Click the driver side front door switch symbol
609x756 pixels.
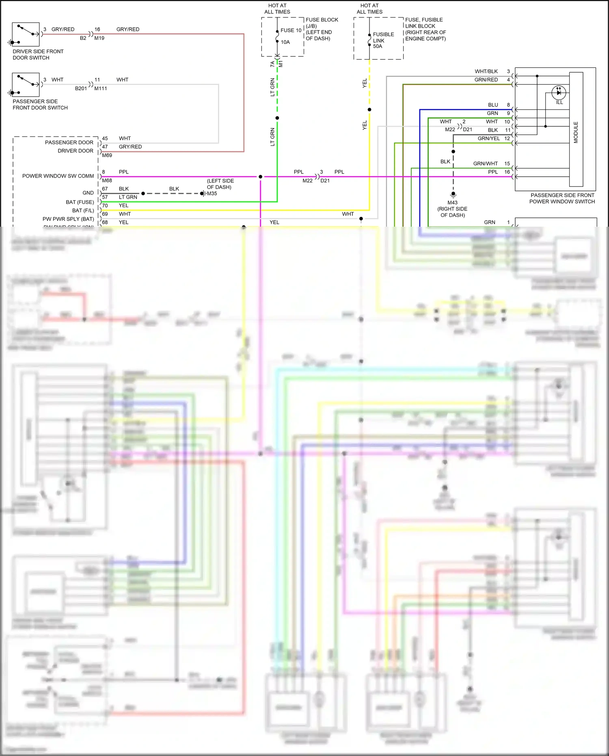[x=26, y=34]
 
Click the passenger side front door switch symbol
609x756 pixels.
[x=26, y=84]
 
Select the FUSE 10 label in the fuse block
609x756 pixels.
[x=291, y=30]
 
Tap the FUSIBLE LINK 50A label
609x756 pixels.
[x=383, y=40]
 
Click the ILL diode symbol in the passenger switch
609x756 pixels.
[x=559, y=93]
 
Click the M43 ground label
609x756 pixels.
[x=452, y=203]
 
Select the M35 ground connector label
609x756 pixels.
[x=212, y=193]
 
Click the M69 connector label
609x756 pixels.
[x=107, y=155]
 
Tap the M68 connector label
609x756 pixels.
[x=107, y=180]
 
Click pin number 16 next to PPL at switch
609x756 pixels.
[x=507, y=172]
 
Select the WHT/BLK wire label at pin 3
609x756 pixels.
[x=486, y=71]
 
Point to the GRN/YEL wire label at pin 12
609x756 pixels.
[x=488, y=139]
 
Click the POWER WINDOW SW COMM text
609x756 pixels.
[x=58, y=176]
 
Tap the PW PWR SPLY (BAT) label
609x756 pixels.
[x=68, y=219]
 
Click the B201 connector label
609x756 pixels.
[x=81, y=88]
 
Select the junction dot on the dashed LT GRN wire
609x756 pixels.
[x=277, y=118]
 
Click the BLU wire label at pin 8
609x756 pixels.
[x=493, y=105]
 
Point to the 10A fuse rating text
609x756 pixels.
[x=285, y=42]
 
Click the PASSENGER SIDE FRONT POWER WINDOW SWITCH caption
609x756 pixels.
[x=562, y=198]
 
